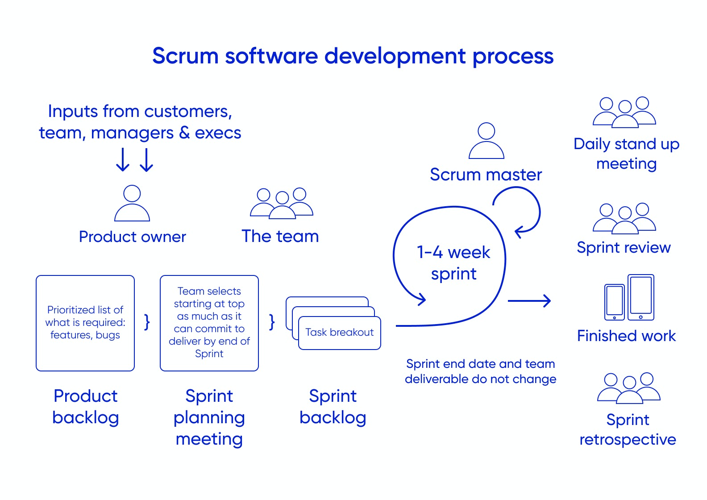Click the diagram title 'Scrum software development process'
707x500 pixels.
click(353, 56)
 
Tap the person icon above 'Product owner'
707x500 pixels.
click(132, 204)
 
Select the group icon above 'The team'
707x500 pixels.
click(282, 204)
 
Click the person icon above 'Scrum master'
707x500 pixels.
click(487, 141)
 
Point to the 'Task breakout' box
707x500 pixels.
click(340, 333)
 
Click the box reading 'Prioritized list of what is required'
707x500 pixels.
click(85, 323)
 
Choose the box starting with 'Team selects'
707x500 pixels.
click(209, 323)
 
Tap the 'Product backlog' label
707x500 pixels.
click(86, 406)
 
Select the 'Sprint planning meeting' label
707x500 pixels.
click(209, 417)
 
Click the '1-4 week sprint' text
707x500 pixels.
click(453, 263)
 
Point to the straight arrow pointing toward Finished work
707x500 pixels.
click(529, 301)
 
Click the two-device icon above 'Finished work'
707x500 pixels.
click(629, 298)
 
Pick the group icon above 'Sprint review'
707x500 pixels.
click(624, 219)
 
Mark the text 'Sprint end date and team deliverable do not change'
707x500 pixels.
click(481, 371)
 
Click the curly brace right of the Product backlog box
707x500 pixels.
click(147, 322)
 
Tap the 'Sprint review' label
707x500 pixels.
click(624, 248)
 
